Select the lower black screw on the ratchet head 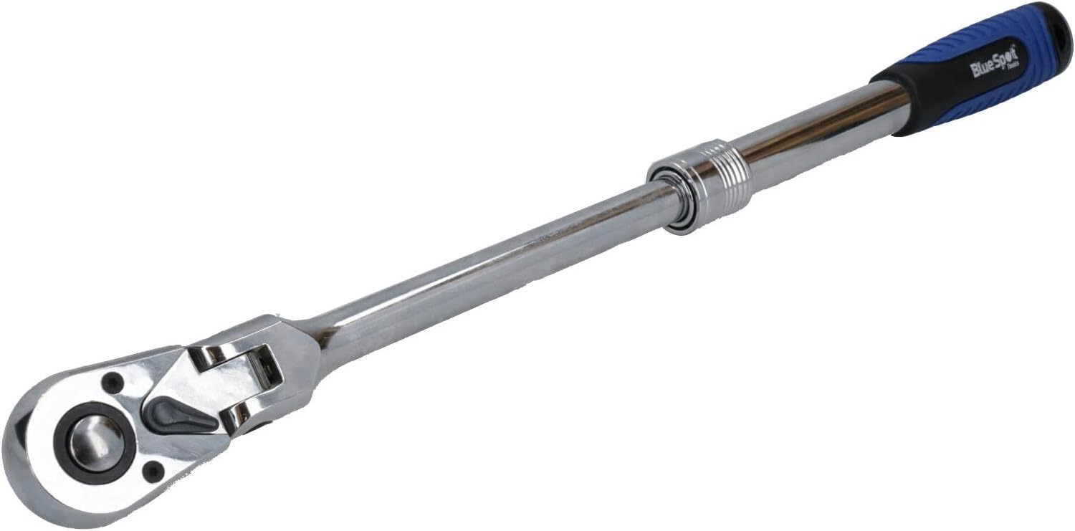(153, 472)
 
